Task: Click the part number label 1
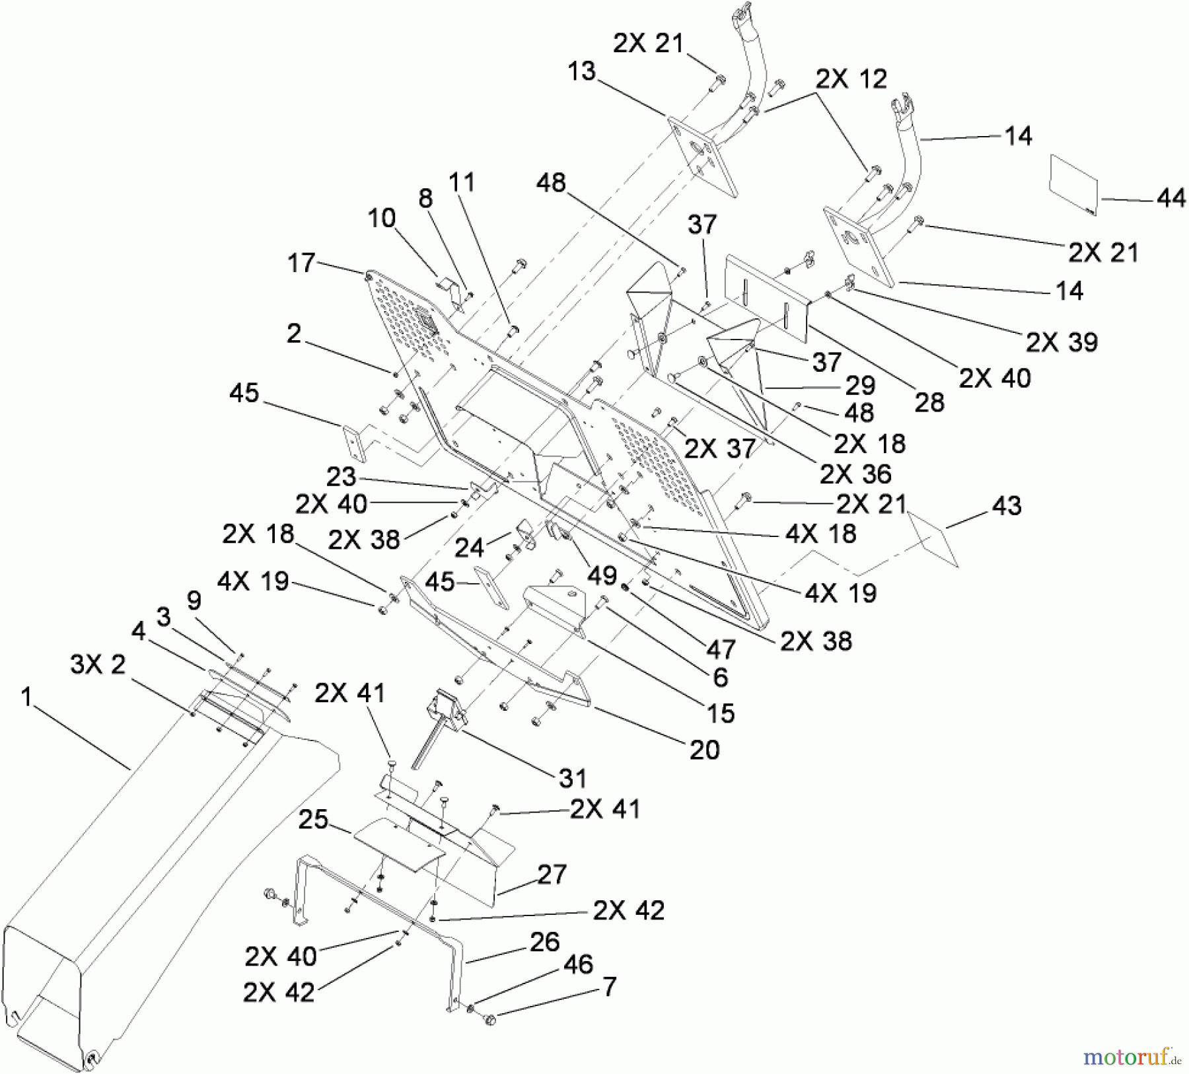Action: [26, 697]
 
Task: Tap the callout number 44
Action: [1171, 197]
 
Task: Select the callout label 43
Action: [1006, 506]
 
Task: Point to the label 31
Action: [573, 778]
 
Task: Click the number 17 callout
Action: [302, 263]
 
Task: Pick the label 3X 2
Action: [98, 665]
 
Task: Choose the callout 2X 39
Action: [1062, 341]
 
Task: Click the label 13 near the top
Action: [582, 71]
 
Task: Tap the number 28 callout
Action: [929, 401]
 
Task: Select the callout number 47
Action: [720, 649]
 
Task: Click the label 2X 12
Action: [851, 79]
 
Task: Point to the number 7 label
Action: [609, 987]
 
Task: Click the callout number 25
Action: [313, 820]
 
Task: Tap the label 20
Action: [704, 750]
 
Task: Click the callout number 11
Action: [462, 182]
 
